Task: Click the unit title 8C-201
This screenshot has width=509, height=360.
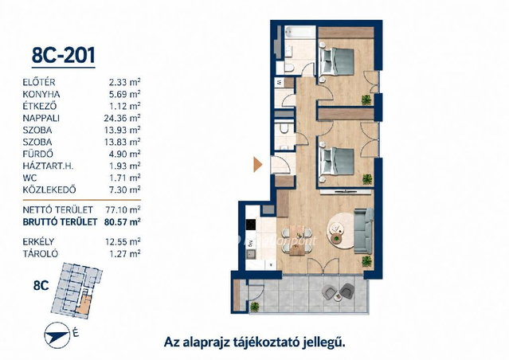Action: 63,55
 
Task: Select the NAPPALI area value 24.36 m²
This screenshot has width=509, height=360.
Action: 122,118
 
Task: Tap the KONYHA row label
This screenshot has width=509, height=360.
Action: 41,95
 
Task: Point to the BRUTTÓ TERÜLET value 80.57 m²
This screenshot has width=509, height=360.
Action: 122,221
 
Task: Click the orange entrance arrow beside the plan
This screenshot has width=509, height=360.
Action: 258,165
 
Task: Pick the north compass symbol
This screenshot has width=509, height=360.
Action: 57,334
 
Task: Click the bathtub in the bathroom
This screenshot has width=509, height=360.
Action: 300,32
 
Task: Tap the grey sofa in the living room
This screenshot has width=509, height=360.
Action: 363,231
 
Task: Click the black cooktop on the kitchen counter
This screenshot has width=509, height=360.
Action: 251,225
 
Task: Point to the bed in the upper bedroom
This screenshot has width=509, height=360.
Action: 336,61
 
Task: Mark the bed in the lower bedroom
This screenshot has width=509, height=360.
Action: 336,162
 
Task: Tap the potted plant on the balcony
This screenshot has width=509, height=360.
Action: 255,306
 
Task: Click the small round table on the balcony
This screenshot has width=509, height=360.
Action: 339,296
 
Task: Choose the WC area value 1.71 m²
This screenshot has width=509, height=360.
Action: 124,178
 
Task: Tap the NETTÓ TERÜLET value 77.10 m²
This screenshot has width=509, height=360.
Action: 123,209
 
